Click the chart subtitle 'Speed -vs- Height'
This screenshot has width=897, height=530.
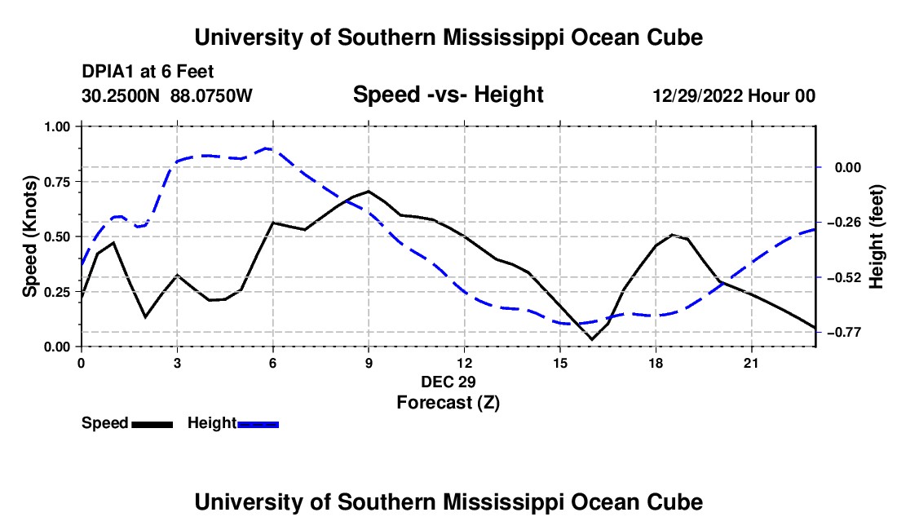pos(448,95)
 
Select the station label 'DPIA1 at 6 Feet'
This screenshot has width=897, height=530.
pos(148,72)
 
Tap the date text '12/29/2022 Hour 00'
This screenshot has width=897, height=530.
pos(734,95)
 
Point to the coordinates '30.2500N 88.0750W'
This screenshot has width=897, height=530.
pos(167,95)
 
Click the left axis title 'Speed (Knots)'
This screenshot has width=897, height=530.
pos(29,236)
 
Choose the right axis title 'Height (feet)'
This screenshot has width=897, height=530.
pos(876,236)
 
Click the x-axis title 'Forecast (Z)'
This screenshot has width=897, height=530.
pos(448,403)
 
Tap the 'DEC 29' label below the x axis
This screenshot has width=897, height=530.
pos(448,382)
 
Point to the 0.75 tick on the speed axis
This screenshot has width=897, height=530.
pos(57,182)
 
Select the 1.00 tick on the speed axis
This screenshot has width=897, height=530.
pos(57,126)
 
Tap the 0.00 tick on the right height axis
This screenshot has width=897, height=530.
pos(848,167)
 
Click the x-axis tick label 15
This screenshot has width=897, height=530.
pos(560,363)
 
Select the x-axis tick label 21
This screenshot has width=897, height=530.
pos(751,363)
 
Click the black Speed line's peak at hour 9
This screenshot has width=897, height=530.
pos(369,191)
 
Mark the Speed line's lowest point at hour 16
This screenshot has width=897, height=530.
pos(592,339)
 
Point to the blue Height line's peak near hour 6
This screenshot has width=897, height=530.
pos(267,148)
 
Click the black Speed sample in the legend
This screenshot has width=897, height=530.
pos(152,424)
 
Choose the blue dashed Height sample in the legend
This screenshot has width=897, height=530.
pos(258,424)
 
